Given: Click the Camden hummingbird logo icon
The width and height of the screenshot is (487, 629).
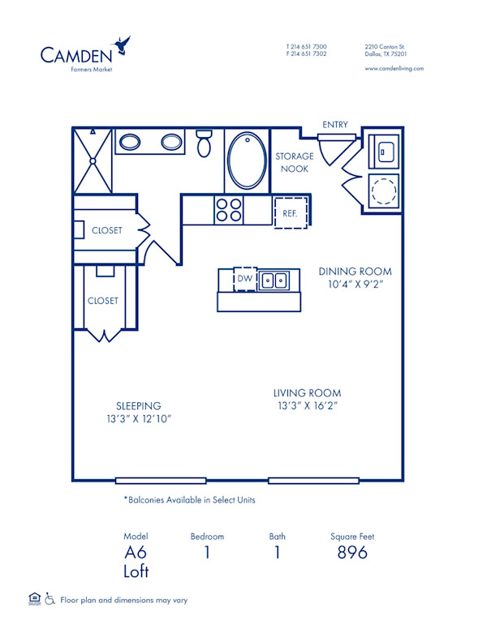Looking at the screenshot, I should tap(123, 45).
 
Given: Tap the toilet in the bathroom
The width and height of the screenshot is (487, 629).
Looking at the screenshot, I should tap(204, 143).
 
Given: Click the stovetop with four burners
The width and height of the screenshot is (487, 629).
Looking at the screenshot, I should tap(228, 210).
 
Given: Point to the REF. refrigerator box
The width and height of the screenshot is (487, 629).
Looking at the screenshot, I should tap(291, 212).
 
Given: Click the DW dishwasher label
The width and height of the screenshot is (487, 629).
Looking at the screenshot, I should tap(244, 280).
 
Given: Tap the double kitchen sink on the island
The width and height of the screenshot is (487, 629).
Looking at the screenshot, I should tap(274, 280).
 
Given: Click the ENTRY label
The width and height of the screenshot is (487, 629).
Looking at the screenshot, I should tap(335, 125).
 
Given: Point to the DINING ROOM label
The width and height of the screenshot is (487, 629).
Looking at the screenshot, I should tap(355, 272).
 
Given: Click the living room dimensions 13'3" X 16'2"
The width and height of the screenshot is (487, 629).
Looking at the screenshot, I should tap(306, 406).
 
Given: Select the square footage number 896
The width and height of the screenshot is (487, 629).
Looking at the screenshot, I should tap(352, 553).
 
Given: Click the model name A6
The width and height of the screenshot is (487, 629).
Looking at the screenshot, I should tap(136, 553).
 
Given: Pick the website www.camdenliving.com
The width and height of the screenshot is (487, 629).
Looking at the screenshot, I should tap(394, 69).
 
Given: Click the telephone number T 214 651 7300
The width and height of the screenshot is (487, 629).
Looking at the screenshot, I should tap(306, 46).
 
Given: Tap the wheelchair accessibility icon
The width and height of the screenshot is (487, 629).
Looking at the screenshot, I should tap(50, 600).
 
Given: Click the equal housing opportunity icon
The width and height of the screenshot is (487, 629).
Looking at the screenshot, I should tap(34, 599).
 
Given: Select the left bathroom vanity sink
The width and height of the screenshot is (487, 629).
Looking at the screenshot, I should tap(131, 143).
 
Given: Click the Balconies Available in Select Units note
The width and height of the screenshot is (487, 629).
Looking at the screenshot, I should tap(189, 500).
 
